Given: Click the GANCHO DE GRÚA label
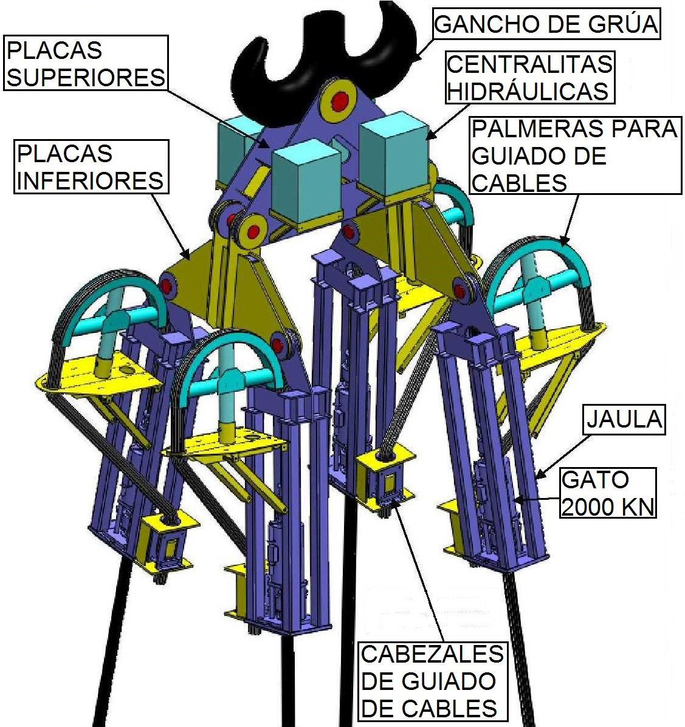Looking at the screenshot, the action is click(x=546, y=24).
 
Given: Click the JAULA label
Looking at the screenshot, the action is click(x=623, y=418).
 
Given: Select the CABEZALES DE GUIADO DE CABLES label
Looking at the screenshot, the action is click(x=432, y=680).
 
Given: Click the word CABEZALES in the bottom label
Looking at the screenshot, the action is click(x=432, y=654).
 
